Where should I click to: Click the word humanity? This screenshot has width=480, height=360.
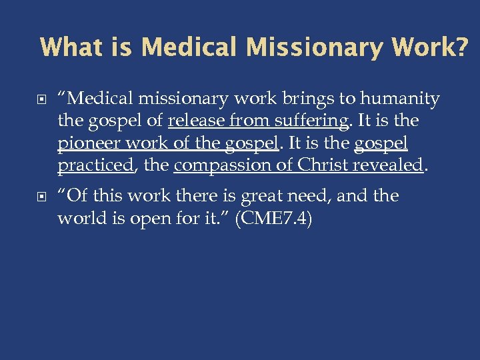400,99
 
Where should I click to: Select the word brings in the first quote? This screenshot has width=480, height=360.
313,99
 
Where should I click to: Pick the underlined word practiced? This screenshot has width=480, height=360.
95,165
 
